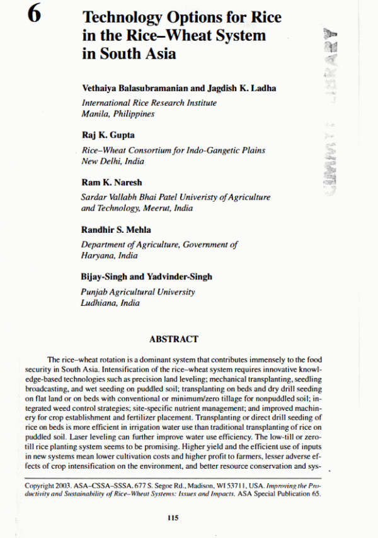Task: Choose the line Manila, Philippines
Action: pyautogui.click(x=118, y=114)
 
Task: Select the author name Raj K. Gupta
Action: pyautogui.click(x=108, y=135)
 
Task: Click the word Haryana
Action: pyautogui.click(x=96, y=255)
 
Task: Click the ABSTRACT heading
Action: pyautogui.click(x=174, y=339)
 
